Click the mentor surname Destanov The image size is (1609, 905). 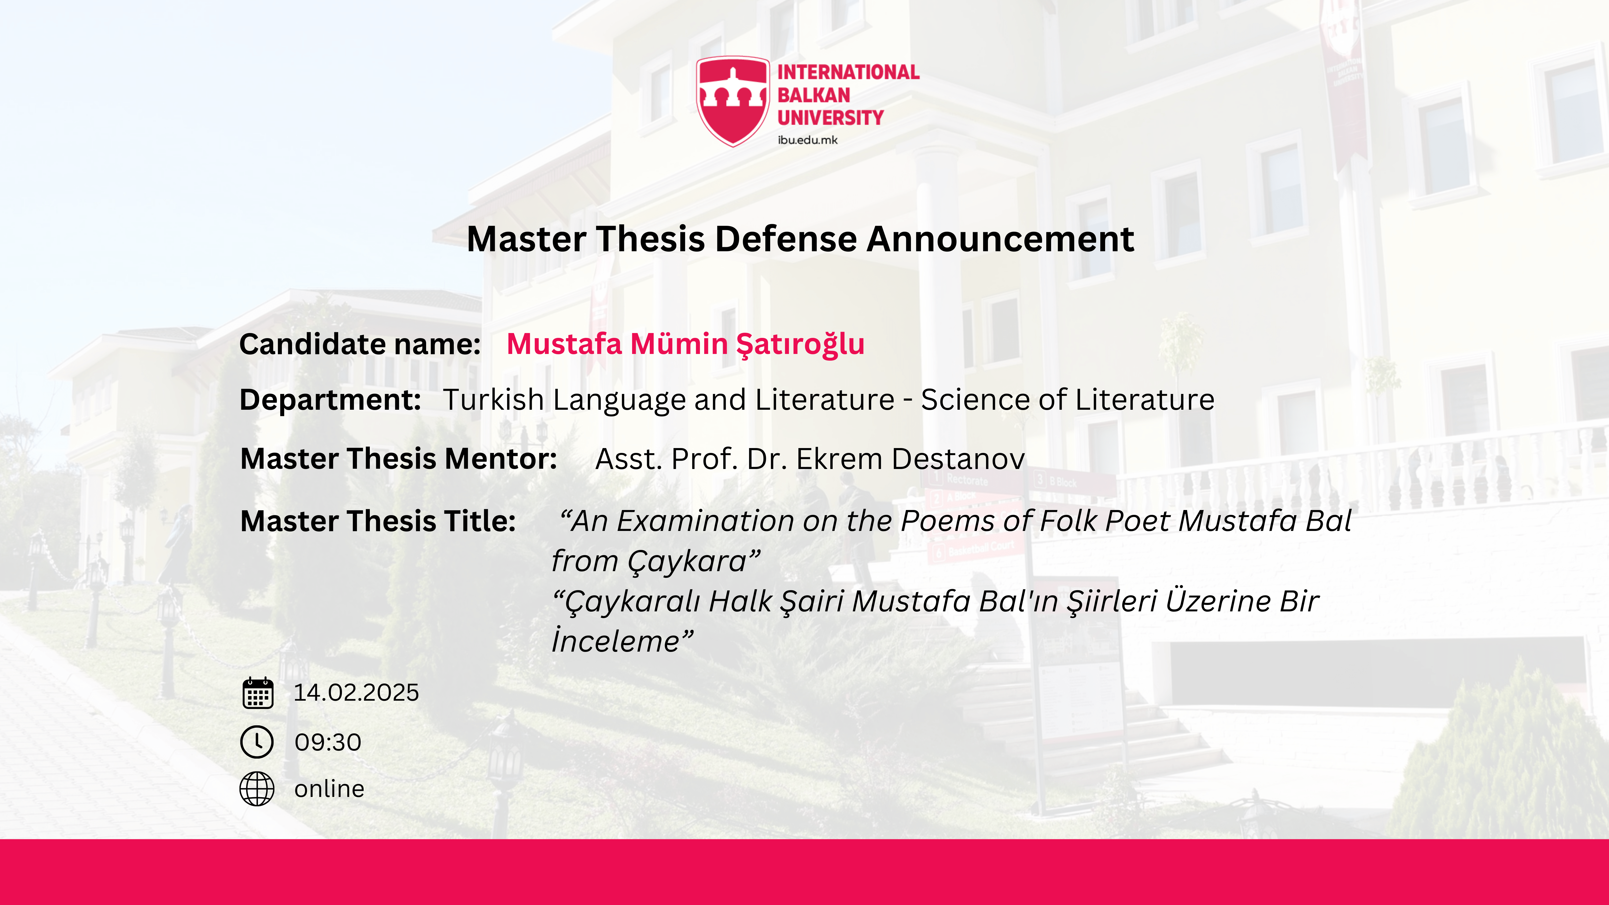point(958,459)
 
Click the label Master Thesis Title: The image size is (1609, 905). point(378,521)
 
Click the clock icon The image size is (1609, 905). point(257,742)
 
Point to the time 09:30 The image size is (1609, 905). point(328,742)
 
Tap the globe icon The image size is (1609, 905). point(257,789)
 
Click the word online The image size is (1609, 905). point(329,789)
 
